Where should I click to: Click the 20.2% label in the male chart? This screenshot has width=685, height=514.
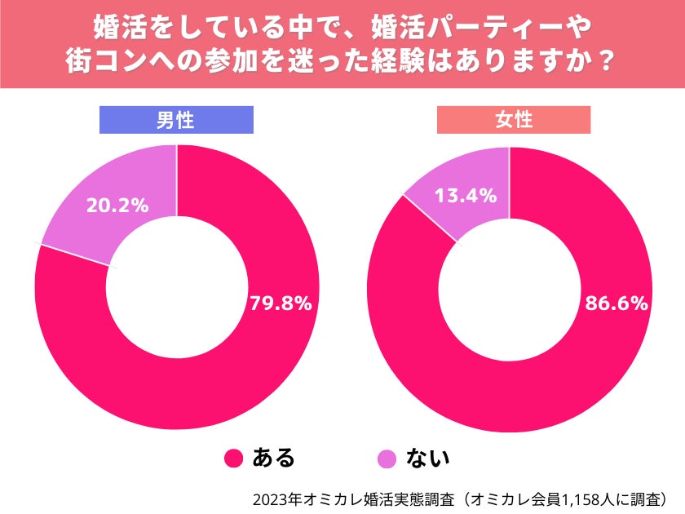117,206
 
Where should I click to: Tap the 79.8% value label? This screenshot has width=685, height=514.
281,304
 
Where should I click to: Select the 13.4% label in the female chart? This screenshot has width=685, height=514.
466,195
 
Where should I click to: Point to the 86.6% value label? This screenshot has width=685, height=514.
616,304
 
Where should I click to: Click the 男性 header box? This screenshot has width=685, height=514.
175,120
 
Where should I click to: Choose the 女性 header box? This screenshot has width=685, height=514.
514,120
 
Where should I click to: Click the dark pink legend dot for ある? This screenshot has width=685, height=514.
234,458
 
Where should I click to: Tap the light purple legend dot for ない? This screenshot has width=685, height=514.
390,458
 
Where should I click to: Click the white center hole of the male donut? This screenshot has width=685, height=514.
177,287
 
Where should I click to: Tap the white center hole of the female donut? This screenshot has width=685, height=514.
510,287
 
